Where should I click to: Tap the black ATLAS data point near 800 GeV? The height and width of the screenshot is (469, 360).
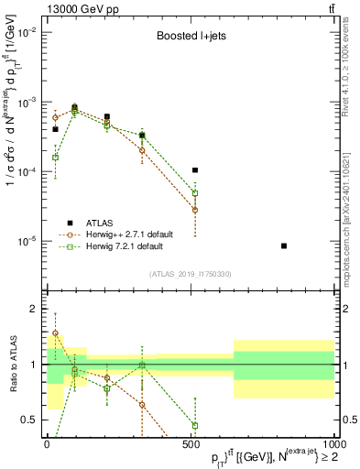[284, 245]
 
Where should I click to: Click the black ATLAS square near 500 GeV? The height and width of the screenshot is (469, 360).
[195, 170]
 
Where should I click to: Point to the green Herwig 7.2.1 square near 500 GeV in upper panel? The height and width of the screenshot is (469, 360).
[195, 193]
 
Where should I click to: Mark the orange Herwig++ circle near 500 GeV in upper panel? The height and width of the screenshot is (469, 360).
[195, 210]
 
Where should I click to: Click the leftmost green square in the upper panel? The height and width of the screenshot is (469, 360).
[55, 158]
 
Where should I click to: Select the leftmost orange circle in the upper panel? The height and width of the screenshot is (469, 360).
[55, 117]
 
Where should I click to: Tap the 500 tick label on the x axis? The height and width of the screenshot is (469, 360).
[191, 442]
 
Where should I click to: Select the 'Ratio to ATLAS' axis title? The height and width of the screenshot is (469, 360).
[10, 364]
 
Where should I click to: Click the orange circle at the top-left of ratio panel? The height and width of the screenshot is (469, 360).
[55, 333]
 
